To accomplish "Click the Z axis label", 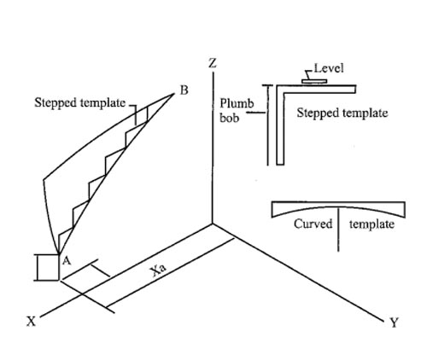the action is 213,63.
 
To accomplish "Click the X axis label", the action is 32,322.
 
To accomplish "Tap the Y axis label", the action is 395,322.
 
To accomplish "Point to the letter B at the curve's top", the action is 184,90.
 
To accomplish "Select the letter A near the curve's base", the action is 67,260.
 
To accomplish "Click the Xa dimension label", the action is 159,271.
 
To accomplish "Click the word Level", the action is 329,68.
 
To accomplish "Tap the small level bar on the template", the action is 314,81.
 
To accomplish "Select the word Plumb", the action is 237,103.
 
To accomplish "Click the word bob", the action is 229,118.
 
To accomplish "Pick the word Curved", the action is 313,224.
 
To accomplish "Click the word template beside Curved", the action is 371,224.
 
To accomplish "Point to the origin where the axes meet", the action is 213,224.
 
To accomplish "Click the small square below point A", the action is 49,268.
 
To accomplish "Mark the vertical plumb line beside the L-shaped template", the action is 267,125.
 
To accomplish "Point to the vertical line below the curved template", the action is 338,229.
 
